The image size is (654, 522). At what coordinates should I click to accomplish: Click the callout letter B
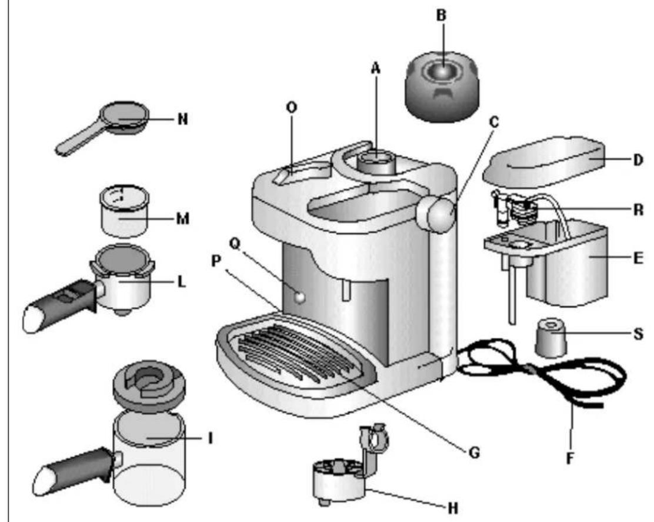(441, 15)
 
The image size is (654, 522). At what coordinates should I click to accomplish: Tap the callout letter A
(376, 68)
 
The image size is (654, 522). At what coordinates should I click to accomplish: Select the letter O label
(292, 107)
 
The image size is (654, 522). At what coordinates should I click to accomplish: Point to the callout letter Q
(235, 244)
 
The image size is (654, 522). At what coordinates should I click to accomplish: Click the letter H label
(453, 508)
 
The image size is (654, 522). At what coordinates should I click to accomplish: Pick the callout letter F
(570, 458)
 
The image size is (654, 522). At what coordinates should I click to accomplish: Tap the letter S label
(638, 334)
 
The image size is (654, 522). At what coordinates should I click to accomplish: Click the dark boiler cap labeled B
(442, 87)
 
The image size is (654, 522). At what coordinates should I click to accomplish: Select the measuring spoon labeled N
(103, 127)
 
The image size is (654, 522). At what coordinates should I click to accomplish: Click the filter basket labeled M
(124, 211)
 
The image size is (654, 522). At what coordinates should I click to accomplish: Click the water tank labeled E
(566, 263)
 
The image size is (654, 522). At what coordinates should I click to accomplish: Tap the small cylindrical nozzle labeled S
(551, 337)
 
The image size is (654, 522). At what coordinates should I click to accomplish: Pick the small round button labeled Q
(299, 297)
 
